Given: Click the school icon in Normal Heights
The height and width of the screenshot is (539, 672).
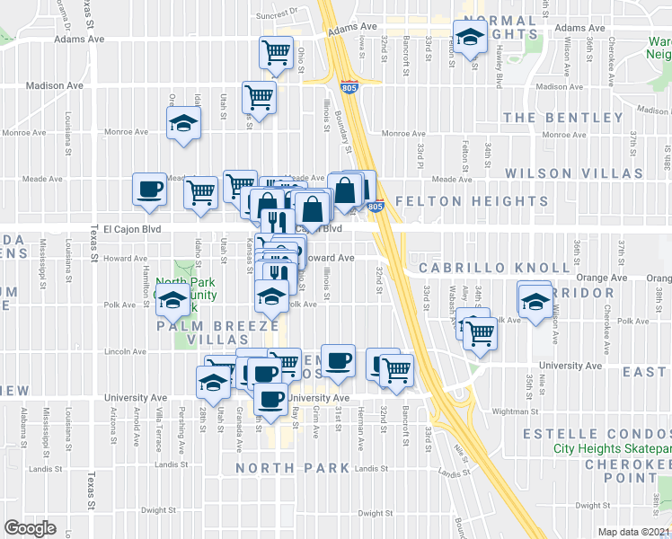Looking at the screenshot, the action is [471, 37].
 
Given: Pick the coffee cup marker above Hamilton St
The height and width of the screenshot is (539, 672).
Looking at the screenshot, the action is [149, 189].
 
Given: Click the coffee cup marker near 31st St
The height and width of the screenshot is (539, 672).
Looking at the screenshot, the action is [338, 361].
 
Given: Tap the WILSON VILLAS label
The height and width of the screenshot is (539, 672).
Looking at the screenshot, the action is [574, 172].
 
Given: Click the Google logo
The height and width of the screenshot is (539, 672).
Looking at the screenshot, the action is [30, 528].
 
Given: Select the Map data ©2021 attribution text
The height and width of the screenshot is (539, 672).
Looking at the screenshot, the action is [634, 532].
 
